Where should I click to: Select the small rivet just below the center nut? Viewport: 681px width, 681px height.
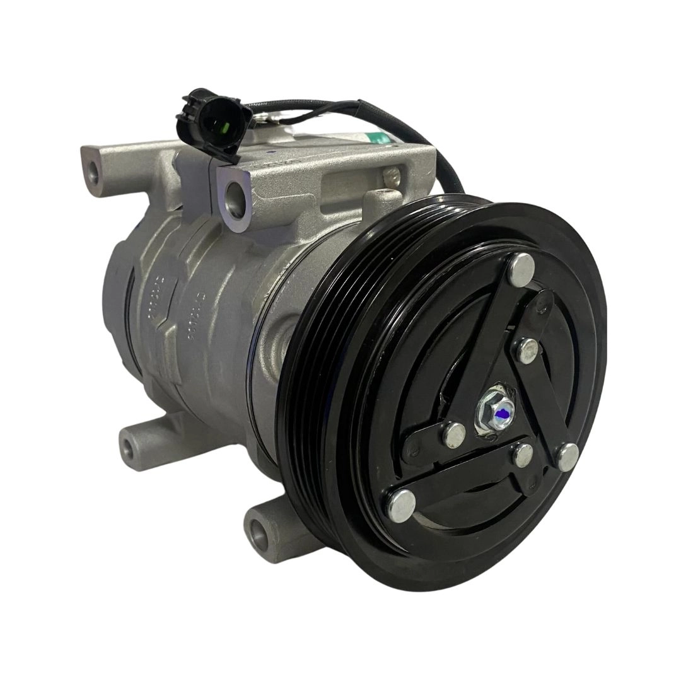click(x=523, y=455)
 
